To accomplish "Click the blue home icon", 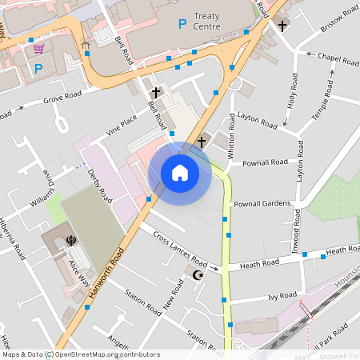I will pyautogui.click(x=179, y=173).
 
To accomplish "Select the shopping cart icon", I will pyautogui.click(x=38, y=49).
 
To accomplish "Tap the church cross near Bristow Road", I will pyautogui.click(x=282, y=26).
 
